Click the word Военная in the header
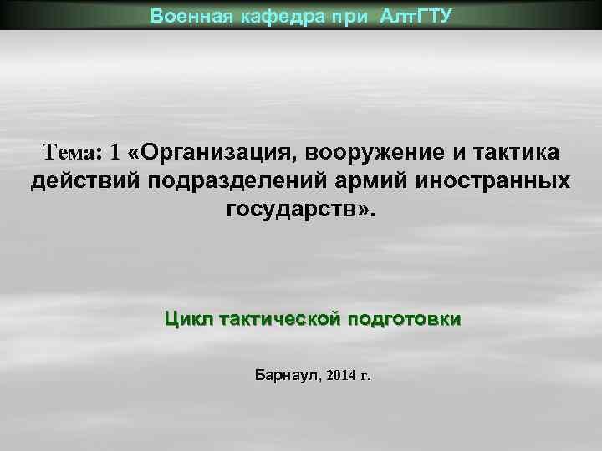click(182, 15)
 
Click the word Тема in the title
click(70, 153)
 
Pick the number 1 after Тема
click(115, 153)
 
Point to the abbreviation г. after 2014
click(365, 377)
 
